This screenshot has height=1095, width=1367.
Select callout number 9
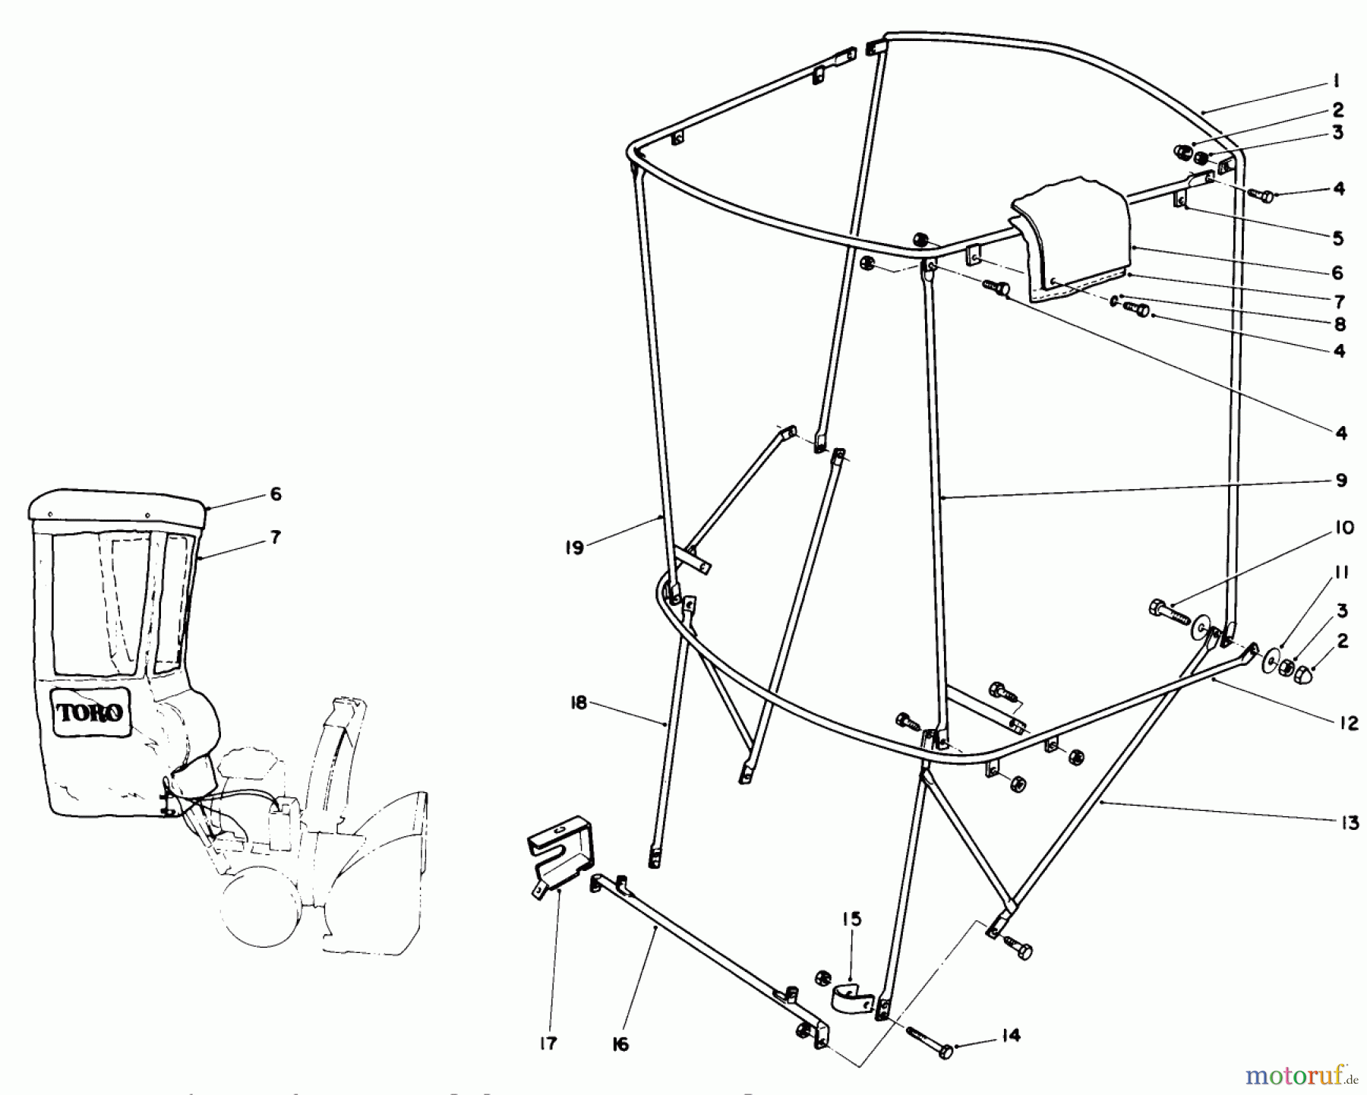coord(1340,480)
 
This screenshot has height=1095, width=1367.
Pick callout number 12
coord(1348,724)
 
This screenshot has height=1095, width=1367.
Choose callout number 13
coord(1350,822)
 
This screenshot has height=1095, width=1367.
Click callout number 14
coord(1010,1036)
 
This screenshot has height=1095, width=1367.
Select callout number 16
coord(620,1045)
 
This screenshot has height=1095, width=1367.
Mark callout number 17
coord(548,1043)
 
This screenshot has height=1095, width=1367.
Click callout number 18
coord(578,703)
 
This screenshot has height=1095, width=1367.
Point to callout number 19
coord(575,547)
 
